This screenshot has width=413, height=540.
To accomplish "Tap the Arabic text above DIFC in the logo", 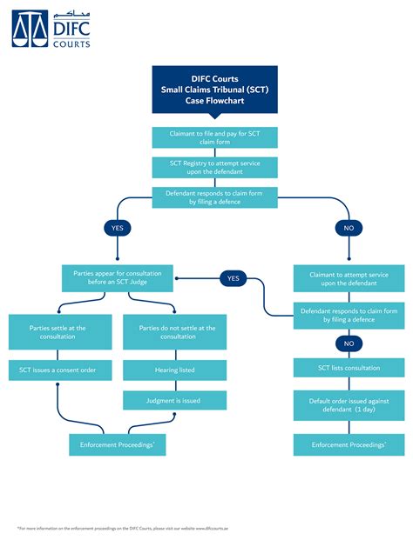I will point(66,15).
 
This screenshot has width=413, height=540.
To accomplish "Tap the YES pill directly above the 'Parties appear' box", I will point(117,229).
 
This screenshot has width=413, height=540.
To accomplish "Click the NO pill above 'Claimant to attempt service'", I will point(349,229).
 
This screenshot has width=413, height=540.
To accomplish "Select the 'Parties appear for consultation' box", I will point(117,279).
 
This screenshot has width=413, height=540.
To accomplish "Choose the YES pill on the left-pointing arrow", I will point(233,278).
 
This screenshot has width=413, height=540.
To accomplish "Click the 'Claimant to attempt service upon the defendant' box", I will point(349,279).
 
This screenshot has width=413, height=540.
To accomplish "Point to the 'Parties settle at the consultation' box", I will point(60,332).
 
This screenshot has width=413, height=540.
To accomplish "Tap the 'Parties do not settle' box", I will point(174,332).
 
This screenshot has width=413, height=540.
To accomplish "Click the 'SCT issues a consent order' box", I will point(60,370).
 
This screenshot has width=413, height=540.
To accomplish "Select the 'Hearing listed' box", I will point(174,370).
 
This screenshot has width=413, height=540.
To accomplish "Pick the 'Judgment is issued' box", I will point(174,400).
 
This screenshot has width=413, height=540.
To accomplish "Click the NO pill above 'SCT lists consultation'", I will point(349,343).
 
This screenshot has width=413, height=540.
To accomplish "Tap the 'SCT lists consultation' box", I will point(349,369).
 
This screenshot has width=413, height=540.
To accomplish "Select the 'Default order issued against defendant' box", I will point(349,406).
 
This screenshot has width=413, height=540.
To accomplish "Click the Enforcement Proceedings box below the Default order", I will point(349,444).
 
